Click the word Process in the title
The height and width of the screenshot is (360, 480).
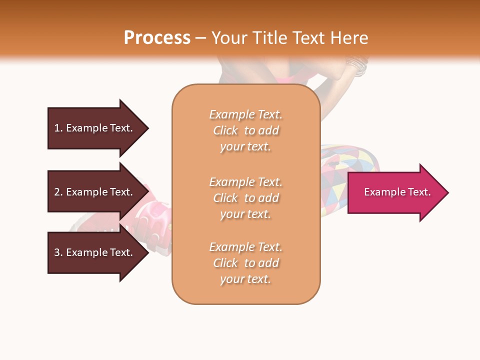tap(157, 38)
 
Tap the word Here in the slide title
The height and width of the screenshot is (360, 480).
tap(348, 38)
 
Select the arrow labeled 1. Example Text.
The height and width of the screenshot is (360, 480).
tap(95, 128)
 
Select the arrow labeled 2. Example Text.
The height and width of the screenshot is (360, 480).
tap(95, 192)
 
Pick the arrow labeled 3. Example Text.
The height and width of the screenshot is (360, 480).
tap(95, 252)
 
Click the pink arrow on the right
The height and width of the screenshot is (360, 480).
tap(395, 192)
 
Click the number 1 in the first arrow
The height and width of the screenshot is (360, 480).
tap(57, 128)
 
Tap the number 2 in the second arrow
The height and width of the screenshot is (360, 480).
tap(57, 192)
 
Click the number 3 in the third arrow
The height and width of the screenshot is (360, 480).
tap(57, 252)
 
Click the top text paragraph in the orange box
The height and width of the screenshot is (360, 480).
tap(246, 130)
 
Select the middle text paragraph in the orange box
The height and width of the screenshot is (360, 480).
tap(246, 198)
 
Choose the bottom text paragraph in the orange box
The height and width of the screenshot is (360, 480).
tap(246, 263)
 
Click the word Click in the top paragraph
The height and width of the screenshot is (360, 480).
tap(225, 130)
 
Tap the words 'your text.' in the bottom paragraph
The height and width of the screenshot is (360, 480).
tap(245, 279)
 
